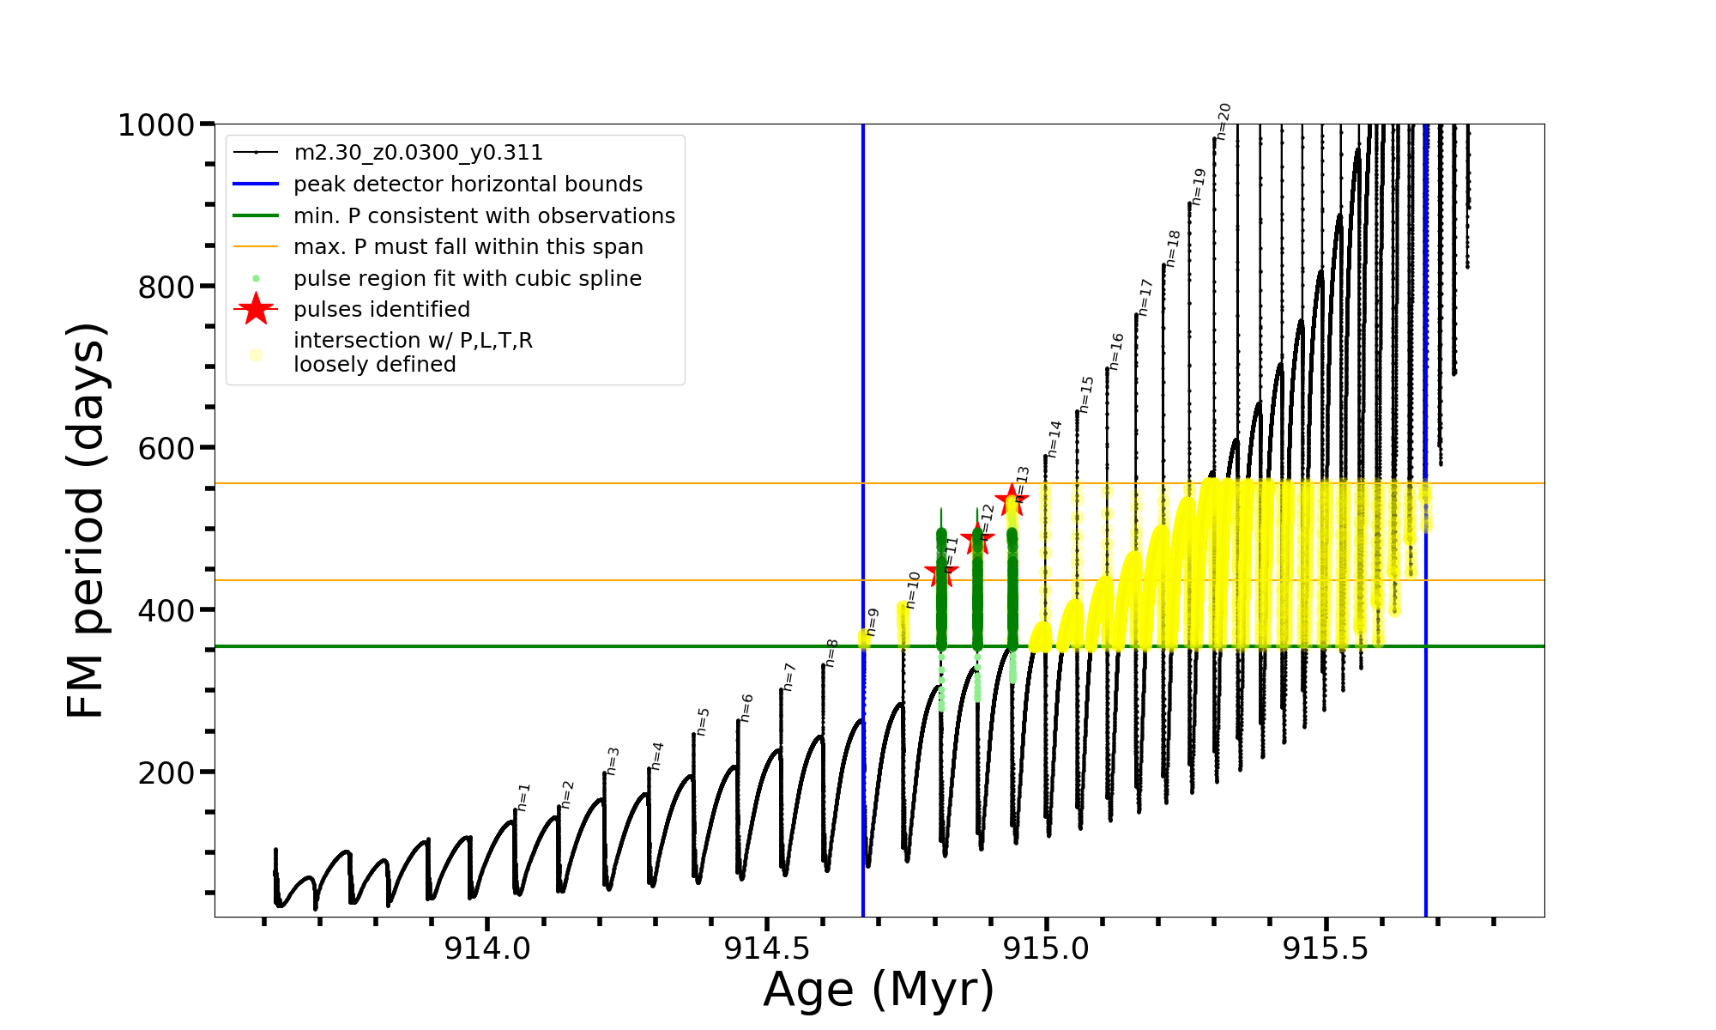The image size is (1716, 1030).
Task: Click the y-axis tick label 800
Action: (166, 287)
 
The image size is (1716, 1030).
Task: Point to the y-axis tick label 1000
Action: (156, 125)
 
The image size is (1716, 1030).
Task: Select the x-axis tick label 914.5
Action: (767, 948)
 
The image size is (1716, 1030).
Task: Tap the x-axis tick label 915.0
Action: (1046, 948)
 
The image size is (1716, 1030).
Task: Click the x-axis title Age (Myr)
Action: (879, 990)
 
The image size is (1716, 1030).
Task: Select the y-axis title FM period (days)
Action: (87, 520)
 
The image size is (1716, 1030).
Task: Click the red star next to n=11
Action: (940, 573)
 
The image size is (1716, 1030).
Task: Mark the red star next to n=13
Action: (1012, 500)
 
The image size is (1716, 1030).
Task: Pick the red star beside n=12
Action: (977, 540)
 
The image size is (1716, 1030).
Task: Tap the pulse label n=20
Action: (1224, 121)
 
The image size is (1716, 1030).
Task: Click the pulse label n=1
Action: (523, 797)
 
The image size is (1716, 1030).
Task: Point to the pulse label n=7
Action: (789, 676)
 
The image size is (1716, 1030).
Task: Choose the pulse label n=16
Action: (1116, 352)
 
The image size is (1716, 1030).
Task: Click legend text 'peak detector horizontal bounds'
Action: (468, 185)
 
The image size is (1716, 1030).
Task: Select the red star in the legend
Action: (256, 309)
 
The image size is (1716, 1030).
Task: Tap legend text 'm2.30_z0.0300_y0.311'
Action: (418, 153)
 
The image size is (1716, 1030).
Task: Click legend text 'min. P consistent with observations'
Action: (484, 215)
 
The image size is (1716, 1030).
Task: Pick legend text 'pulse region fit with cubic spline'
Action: (467, 279)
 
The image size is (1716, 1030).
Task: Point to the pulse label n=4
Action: (657, 755)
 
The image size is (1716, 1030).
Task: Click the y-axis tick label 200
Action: (166, 772)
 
